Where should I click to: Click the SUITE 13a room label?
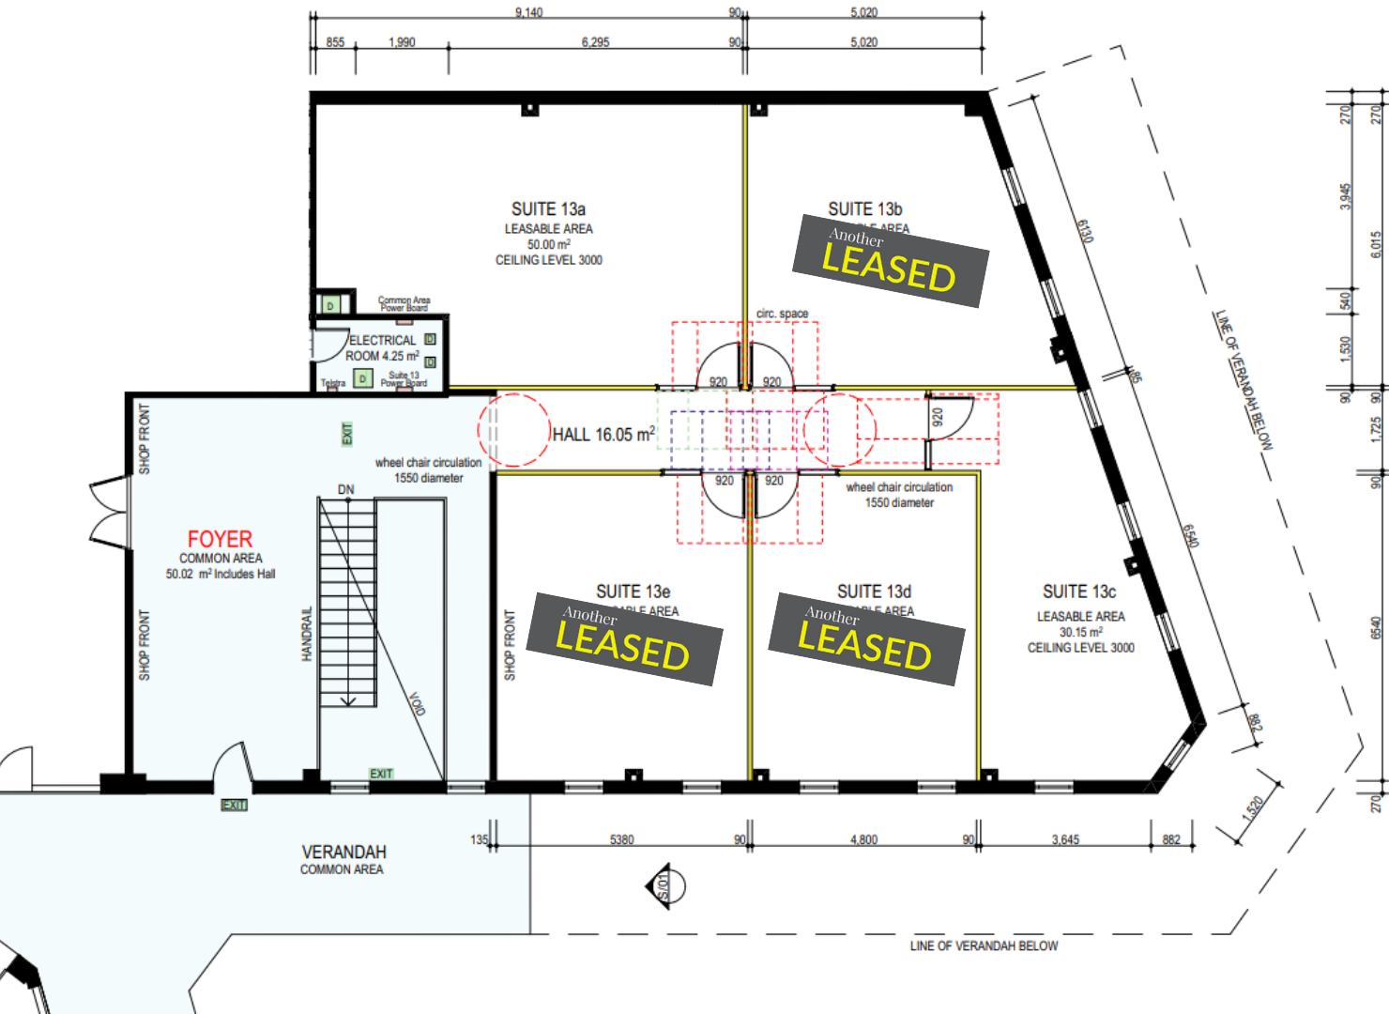pos(548,209)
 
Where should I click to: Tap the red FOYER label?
pos(220,539)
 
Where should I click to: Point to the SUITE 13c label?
pos(1079,592)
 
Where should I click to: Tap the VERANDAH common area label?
pos(343,853)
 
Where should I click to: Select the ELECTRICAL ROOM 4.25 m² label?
pos(382,348)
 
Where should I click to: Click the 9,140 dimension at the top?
pos(528,12)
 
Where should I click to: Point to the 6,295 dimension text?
pos(595,42)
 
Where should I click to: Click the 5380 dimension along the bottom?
pos(621,839)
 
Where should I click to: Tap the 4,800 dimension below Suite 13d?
pos(863,839)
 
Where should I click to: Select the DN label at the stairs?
pos(346,489)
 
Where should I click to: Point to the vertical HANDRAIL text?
pos(307,635)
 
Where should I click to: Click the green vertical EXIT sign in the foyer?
pos(346,434)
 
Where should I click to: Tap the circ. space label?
pos(782,314)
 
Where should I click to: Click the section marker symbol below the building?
pos(664,886)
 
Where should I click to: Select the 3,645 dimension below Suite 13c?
pos(1065,839)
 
